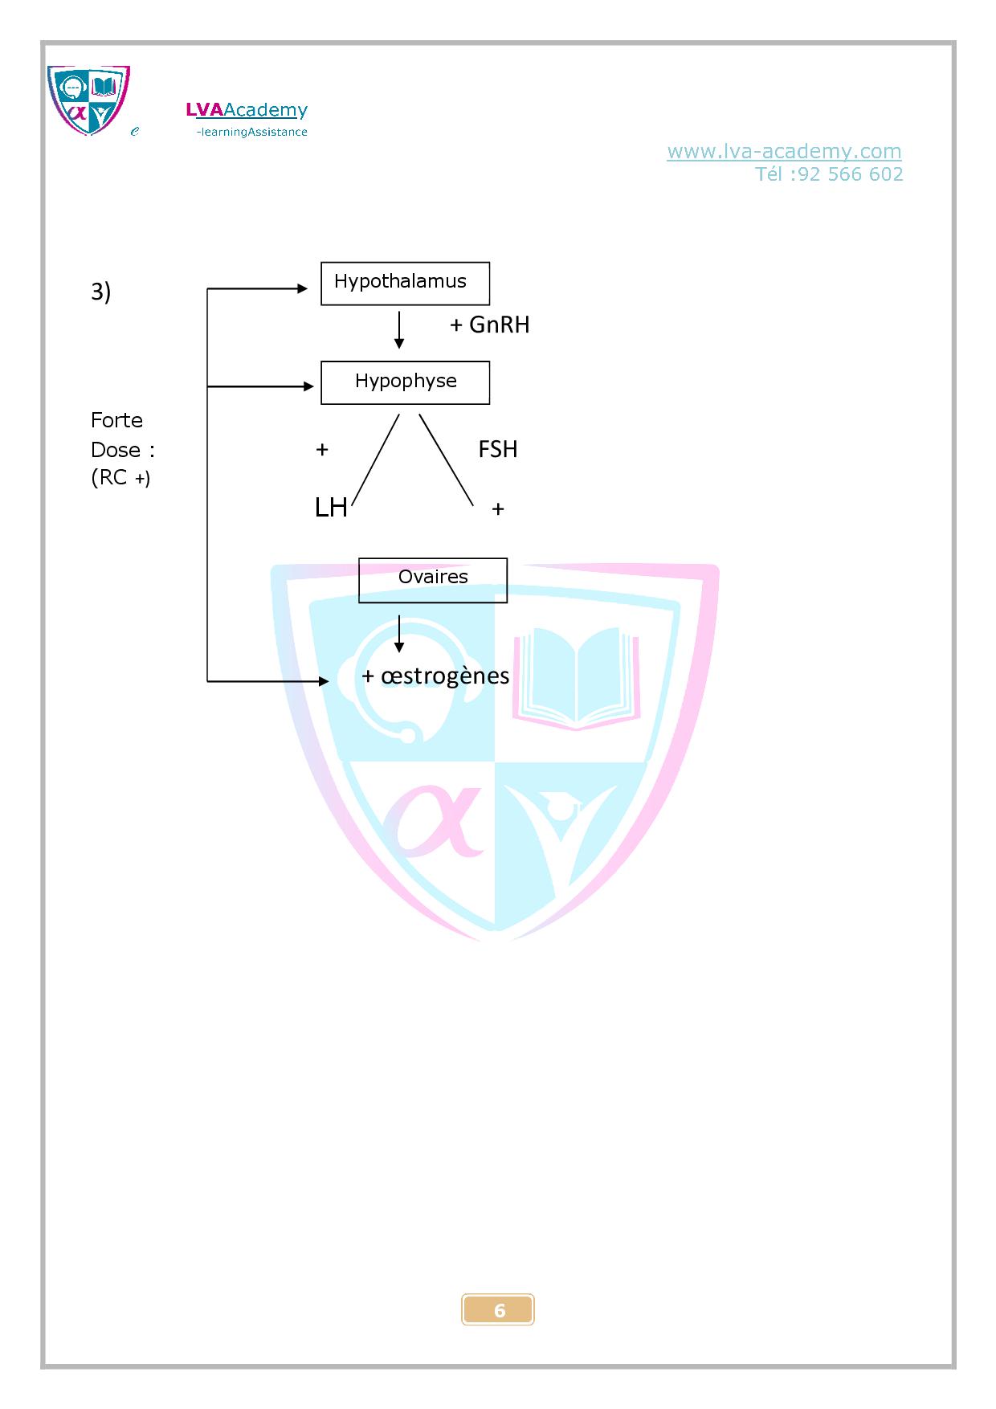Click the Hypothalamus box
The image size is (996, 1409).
point(405,283)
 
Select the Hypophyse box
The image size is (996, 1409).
point(405,382)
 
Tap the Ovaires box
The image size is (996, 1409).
point(433,579)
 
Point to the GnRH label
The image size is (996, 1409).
point(499,325)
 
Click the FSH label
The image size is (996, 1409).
point(498,449)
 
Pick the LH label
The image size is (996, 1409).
point(331,508)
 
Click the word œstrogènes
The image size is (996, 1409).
point(445,676)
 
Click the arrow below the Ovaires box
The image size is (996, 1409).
point(399,635)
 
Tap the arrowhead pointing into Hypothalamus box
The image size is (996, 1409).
point(303,288)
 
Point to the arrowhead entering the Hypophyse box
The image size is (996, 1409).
point(308,386)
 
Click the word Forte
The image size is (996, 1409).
point(116,420)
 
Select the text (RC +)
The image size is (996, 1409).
point(120,477)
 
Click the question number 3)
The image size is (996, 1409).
point(100,292)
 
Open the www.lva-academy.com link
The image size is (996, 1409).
point(784,151)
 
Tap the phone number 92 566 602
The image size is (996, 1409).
point(851,174)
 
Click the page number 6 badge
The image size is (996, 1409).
point(498,1310)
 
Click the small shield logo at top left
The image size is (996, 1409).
point(88,100)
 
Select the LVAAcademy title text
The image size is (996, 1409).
point(247,110)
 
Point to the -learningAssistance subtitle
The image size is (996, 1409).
point(251,132)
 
